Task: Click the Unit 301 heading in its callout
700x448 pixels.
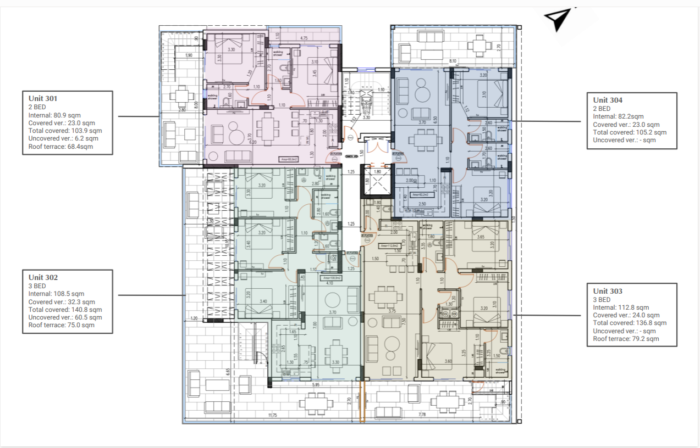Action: [43, 99]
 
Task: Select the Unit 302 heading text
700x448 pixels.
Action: [43, 278]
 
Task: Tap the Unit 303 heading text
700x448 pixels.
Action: [608, 291]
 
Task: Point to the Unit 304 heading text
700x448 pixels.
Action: [608, 100]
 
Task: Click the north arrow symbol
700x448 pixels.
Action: [558, 20]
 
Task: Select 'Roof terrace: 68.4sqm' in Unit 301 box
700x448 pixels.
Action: [60, 147]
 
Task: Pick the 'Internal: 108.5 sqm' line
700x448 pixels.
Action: [56, 294]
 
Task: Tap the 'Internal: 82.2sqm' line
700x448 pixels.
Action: [618, 116]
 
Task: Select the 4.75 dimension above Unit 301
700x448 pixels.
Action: [304, 38]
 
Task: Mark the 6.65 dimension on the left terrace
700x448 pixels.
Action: [228, 372]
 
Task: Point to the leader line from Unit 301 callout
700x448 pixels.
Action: [137, 116]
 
